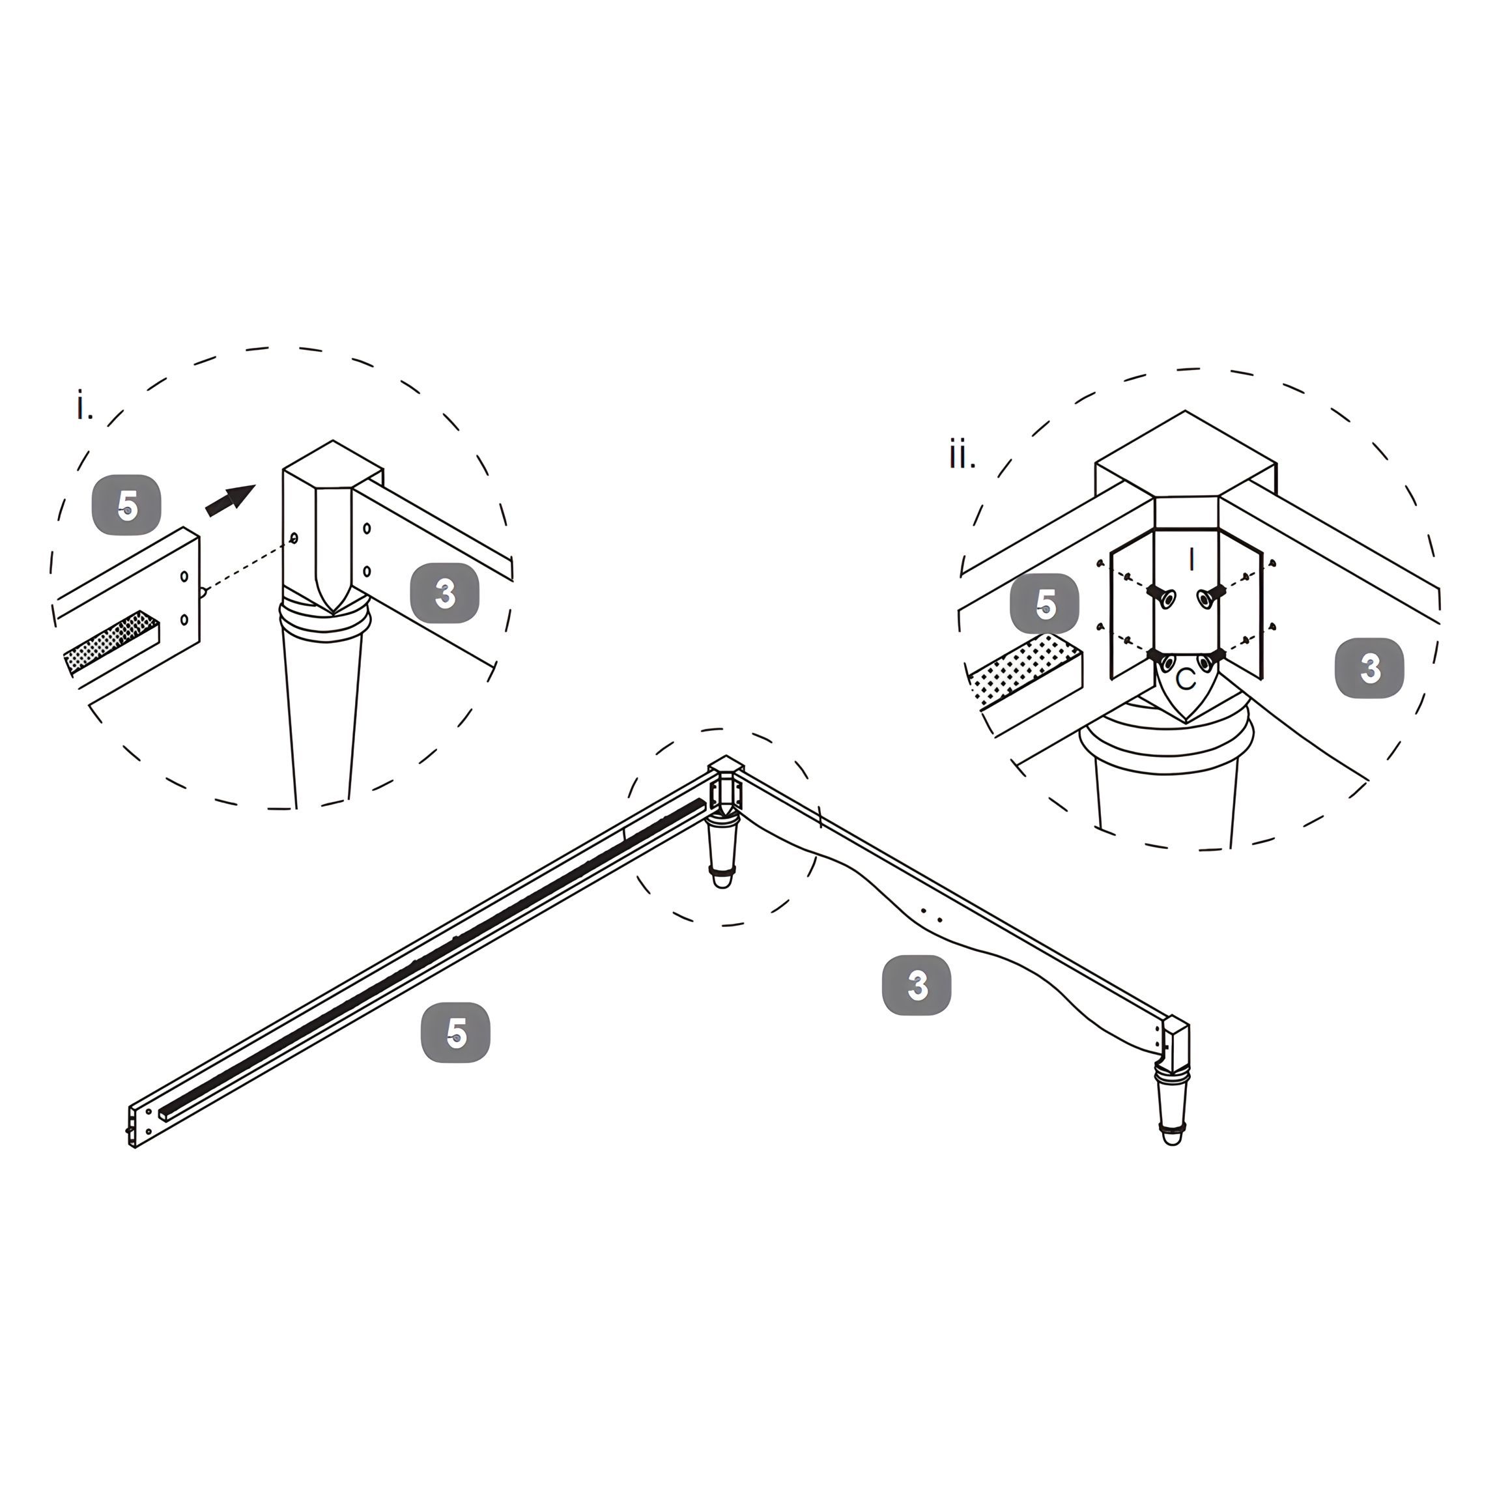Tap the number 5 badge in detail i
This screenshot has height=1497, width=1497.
(x=126, y=506)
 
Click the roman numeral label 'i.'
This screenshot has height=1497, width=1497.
(x=83, y=406)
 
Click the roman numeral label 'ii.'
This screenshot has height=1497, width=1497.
(x=962, y=455)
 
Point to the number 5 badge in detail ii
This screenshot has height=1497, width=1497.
(x=1044, y=603)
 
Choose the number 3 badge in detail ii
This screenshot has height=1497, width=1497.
(x=1369, y=667)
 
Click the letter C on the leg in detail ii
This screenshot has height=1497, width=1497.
(x=1186, y=679)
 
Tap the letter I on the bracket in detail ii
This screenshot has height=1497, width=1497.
(x=1191, y=560)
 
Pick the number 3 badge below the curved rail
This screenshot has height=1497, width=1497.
(x=917, y=985)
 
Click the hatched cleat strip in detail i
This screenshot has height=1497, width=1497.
(x=109, y=641)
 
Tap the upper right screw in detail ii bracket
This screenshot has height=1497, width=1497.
(x=1209, y=596)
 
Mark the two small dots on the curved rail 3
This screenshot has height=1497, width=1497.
(x=932, y=915)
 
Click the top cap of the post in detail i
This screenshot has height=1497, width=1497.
(x=333, y=465)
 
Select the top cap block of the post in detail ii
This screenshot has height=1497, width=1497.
(x=1186, y=457)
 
